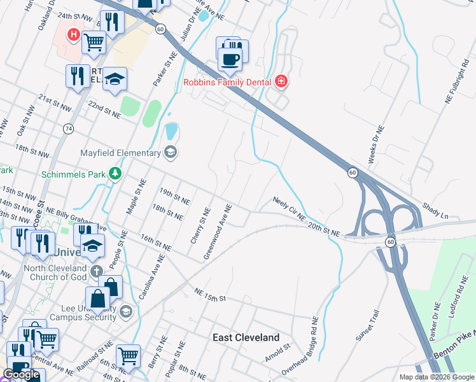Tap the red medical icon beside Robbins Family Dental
click(281, 81)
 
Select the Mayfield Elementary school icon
click(170, 152)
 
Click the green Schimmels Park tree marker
click(115, 173)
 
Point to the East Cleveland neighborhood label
click(246, 337)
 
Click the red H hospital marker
click(74, 34)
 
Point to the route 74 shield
click(68, 129)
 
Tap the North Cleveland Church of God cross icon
click(96, 272)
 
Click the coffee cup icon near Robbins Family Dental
click(229, 59)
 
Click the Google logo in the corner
click(22, 374)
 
